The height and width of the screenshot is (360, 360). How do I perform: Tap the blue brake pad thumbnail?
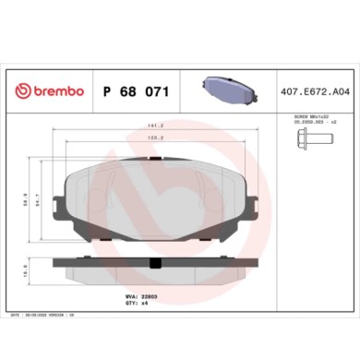coord(226,90)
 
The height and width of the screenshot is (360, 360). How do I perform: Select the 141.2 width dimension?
coord(156,126)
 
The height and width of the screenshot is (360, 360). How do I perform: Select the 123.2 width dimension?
coord(156,138)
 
